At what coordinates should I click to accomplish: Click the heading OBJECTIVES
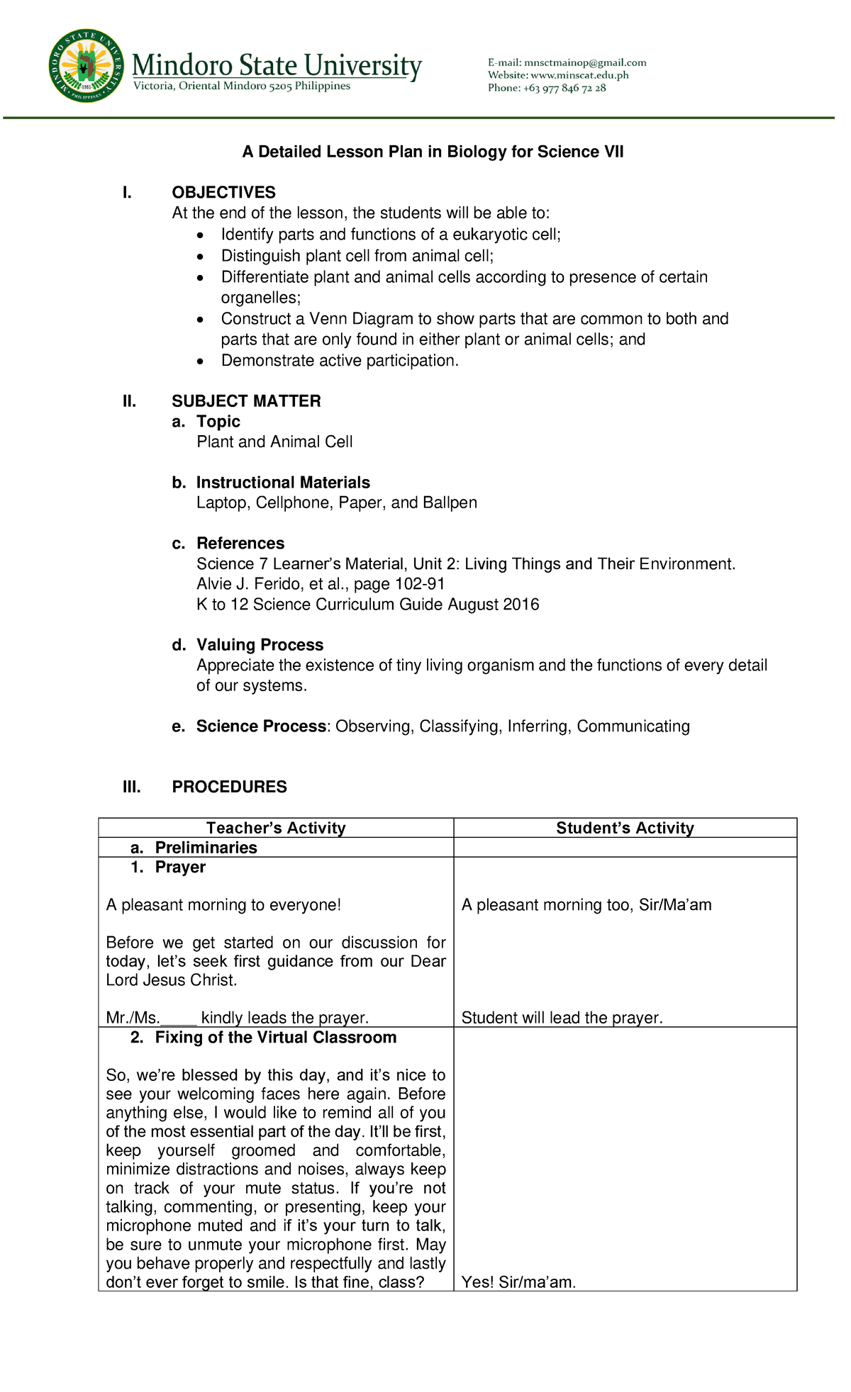click(223, 193)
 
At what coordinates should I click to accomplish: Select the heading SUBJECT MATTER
click(246, 401)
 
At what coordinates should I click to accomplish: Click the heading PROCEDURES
click(229, 787)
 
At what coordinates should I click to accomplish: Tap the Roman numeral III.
click(131, 787)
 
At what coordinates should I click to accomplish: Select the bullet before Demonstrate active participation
click(202, 361)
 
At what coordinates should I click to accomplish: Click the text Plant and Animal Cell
click(274, 442)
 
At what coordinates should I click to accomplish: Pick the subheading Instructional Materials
click(283, 483)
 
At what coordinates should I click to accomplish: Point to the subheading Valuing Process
click(260, 645)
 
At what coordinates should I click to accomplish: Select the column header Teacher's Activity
click(276, 828)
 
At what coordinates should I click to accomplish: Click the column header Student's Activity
click(625, 828)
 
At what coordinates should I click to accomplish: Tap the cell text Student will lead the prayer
click(562, 1018)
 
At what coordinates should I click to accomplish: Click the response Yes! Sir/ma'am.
click(518, 1282)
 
